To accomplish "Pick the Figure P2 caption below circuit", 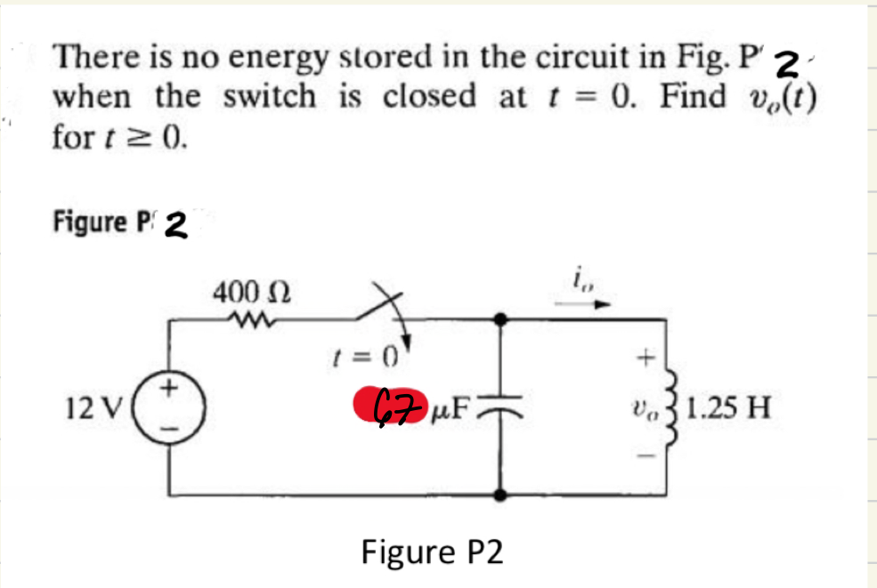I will click(432, 552).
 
